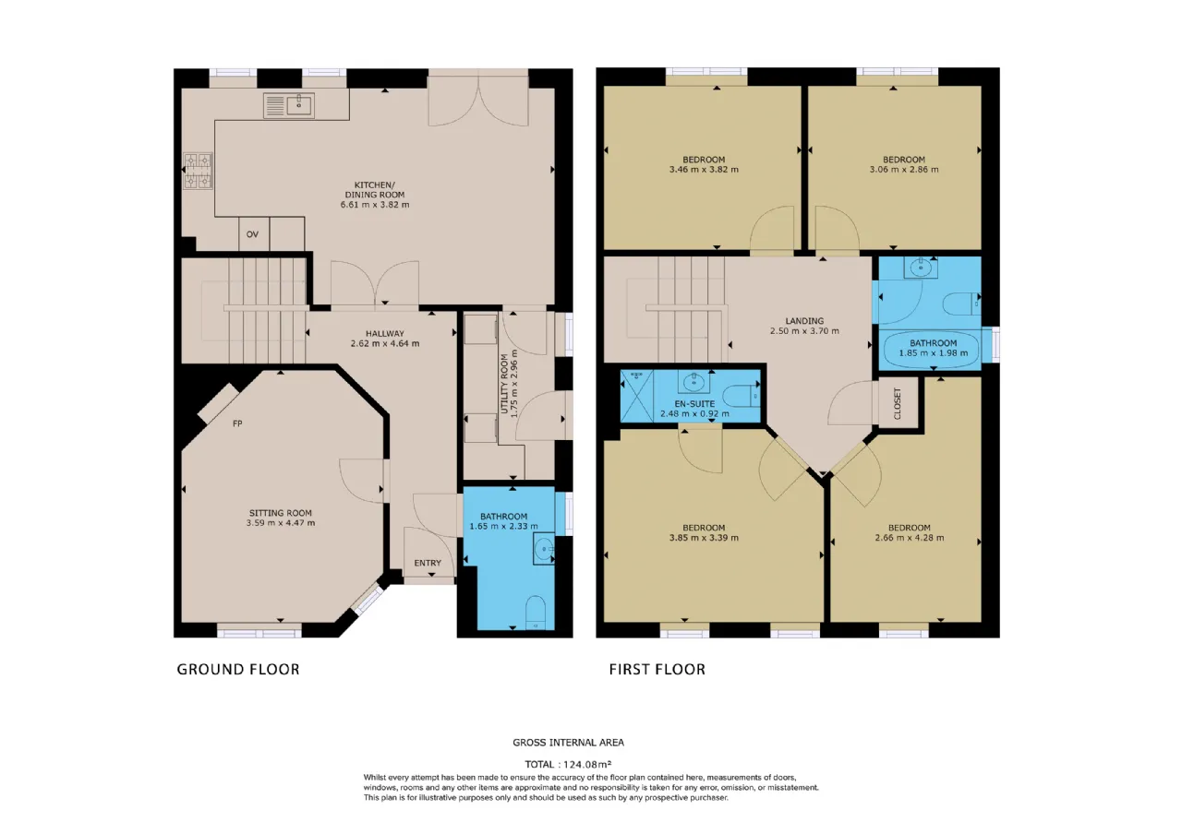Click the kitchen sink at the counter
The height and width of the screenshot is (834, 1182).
point(289,105)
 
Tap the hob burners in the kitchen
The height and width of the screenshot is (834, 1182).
point(198,171)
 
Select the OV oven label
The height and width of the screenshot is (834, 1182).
point(252,234)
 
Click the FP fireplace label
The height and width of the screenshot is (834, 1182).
point(237,423)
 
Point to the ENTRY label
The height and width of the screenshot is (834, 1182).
point(428,563)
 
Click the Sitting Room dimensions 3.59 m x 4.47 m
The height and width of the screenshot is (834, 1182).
point(281,523)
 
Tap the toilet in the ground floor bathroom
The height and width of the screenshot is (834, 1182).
point(536,613)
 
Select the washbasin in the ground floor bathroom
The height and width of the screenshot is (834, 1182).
point(544,549)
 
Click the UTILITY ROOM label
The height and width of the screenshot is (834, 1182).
point(504,384)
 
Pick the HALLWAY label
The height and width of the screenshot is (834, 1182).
point(385,333)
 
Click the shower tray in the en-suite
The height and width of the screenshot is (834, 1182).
point(637,396)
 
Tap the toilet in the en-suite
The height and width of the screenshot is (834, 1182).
point(741,396)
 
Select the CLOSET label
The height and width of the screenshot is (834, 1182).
point(898,403)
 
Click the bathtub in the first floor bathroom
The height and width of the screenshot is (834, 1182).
point(931,349)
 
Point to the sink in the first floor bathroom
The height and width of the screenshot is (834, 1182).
point(921,268)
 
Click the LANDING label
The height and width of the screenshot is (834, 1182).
point(804,320)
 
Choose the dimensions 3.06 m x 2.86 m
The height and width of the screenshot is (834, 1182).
point(904,169)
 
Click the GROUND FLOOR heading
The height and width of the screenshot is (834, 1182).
point(238,670)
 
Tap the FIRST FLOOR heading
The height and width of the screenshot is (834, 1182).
point(657,670)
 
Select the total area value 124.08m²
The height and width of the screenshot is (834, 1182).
point(587,764)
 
